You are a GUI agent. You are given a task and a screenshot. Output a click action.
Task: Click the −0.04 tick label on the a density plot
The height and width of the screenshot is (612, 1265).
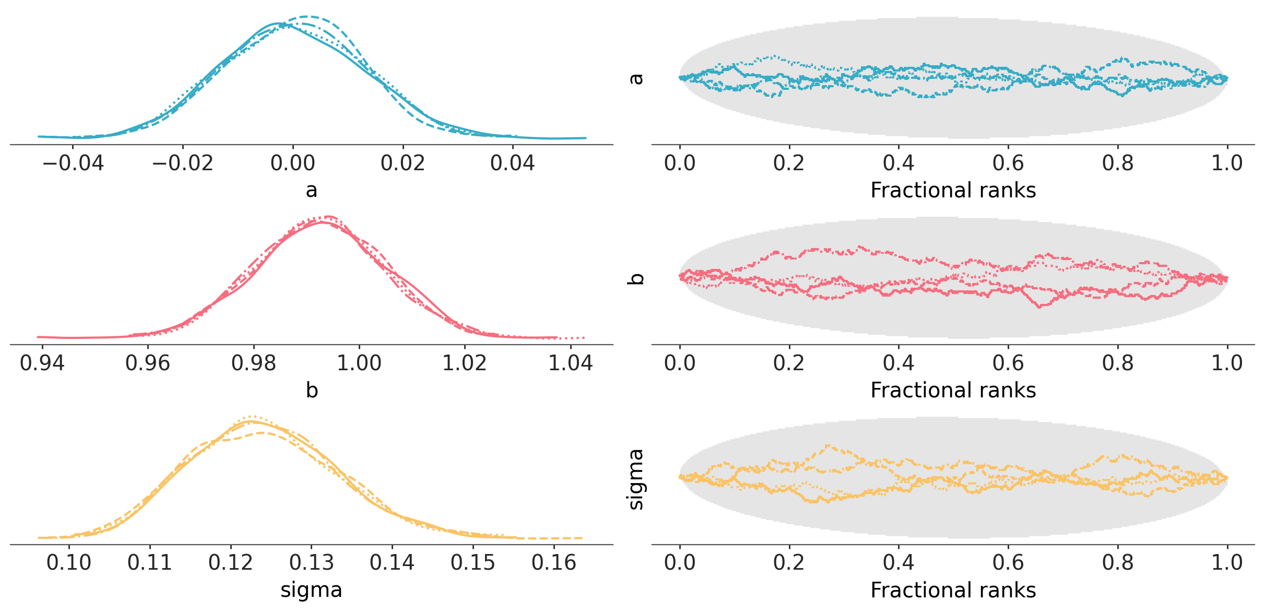pyautogui.click(x=73, y=163)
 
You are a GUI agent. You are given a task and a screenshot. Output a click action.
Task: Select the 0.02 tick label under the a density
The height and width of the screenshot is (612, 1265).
pyautogui.click(x=403, y=163)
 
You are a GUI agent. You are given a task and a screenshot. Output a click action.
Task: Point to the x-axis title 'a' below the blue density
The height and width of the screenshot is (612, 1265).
pyautogui.click(x=311, y=190)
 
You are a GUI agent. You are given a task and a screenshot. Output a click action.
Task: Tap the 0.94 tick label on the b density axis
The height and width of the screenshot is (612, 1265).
pyautogui.click(x=42, y=363)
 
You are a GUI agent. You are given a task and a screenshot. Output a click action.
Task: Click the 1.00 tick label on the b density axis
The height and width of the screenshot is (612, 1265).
pyautogui.click(x=359, y=363)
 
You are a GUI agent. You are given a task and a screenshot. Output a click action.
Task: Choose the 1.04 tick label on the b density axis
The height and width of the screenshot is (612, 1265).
pyautogui.click(x=570, y=363)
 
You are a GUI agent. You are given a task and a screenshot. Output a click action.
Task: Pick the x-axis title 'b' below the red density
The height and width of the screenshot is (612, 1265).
pyautogui.click(x=312, y=390)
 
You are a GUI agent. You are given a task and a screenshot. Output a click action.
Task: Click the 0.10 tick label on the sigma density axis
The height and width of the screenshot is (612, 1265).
pyautogui.click(x=69, y=563)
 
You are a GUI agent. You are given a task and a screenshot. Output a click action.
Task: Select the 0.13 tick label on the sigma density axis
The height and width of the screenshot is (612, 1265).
pyautogui.click(x=311, y=563)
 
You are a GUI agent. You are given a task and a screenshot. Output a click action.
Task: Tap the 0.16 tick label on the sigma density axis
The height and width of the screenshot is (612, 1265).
pyautogui.click(x=553, y=563)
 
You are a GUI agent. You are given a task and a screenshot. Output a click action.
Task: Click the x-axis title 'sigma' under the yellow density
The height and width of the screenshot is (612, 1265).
pyautogui.click(x=311, y=590)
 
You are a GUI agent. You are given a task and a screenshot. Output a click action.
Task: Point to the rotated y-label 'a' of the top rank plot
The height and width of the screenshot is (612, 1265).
pyautogui.click(x=636, y=79)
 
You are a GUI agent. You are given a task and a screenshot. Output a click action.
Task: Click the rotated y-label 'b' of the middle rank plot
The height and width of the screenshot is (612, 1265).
pyautogui.click(x=636, y=278)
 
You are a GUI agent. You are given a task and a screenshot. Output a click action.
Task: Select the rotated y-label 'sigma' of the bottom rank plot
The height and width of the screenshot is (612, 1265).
pyautogui.click(x=636, y=479)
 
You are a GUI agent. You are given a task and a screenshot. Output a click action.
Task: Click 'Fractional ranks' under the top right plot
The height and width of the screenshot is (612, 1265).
pyautogui.click(x=953, y=190)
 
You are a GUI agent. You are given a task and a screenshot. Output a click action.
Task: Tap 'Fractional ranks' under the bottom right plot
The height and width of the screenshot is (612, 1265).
pyautogui.click(x=953, y=590)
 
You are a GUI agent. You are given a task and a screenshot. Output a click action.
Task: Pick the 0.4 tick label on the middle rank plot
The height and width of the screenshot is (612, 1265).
pyautogui.click(x=898, y=363)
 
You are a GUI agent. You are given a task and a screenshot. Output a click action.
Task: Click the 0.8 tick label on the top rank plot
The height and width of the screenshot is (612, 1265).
pyautogui.click(x=1118, y=163)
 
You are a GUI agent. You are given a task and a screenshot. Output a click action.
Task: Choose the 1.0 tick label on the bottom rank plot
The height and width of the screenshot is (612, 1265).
pyautogui.click(x=1227, y=563)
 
